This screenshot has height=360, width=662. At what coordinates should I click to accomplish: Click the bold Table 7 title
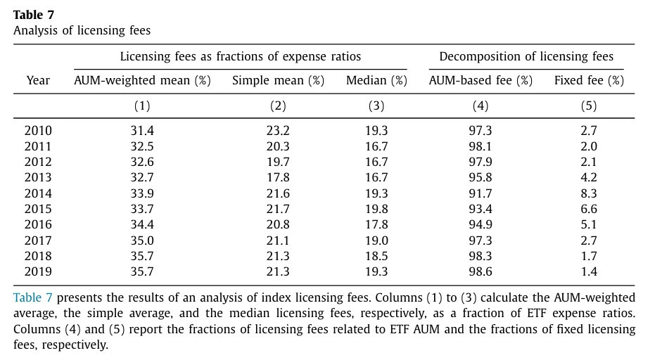coord(34,15)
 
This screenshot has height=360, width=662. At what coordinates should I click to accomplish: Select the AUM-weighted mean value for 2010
coord(142,131)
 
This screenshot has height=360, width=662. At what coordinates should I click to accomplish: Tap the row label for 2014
coord(38,193)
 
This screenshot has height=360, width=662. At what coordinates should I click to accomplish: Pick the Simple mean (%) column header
coord(278,80)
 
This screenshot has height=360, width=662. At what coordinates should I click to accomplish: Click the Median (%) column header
coord(376,80)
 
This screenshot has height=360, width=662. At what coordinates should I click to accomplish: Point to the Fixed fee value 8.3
coord(589,193)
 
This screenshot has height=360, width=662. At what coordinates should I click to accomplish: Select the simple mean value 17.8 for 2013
coord(278,178)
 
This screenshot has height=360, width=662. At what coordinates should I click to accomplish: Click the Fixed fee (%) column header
coord(589,80)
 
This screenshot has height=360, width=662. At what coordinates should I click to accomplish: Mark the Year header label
coord(38,80)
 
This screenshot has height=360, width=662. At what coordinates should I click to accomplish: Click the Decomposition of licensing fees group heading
coord(526,56)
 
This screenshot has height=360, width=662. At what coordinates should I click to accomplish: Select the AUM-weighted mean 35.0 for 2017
coord(142,240)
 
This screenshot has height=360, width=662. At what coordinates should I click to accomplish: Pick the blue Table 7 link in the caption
coord(32,297)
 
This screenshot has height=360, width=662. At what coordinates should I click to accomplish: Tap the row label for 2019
coord(38,271)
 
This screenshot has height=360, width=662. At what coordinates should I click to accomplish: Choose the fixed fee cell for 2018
coord(589,256)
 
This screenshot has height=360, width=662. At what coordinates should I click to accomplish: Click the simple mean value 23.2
coord(278,131)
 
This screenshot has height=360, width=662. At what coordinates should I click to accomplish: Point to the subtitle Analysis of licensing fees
coord(82,30)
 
